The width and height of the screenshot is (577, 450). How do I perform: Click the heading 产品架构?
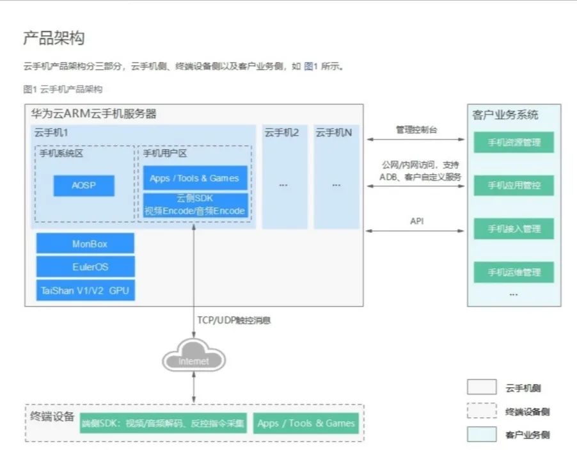point(54,38)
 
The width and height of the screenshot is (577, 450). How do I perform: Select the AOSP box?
point(84,186)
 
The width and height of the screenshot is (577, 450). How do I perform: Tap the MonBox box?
point(85,243)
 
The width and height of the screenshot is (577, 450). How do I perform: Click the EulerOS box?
point(85,266)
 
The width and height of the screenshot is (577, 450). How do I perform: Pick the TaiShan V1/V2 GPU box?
point(85,290)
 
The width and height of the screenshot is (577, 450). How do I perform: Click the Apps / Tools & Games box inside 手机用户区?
point(194,178)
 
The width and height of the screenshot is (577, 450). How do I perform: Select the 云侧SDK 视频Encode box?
point(194,205)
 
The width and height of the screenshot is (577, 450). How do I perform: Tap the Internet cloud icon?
point(193,360)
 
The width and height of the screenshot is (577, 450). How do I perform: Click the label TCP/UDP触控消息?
point(234,320)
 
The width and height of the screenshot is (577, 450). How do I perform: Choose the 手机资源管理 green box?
point(514,142)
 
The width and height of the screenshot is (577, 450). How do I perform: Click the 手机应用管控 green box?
point(514,186)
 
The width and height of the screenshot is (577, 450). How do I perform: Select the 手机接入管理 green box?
point(514,229)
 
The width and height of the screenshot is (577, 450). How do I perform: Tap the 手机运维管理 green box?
point(514,272)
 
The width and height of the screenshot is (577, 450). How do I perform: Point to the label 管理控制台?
point(416,129)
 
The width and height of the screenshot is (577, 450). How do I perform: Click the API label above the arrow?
point(416,221)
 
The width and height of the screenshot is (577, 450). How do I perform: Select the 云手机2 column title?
point(282,133)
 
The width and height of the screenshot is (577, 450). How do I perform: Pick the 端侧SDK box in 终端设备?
point(163,423)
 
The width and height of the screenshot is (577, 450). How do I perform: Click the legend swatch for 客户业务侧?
point(481,435)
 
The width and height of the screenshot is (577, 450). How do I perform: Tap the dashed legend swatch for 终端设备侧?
point(481,411)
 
